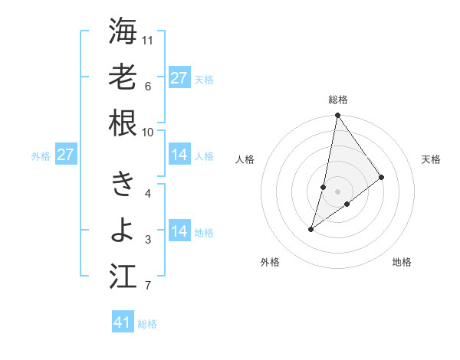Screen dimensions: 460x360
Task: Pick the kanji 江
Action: pyautogui.click(x=123, y=276)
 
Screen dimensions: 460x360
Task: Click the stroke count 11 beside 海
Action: pyautogui.click(x=149, y=40)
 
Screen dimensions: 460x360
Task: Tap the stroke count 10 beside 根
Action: pyautogui.click(x=149, y=132)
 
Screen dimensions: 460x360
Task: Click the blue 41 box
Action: pyautogui.click(x=123, y=322)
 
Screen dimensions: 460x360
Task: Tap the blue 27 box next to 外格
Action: pyautogui.click(x=65, y=155)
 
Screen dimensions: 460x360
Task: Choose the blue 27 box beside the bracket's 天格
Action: pyautogui.click(x=179, y=77)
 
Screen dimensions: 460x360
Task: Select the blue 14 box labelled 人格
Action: pyautogui.click(x=179, y=155)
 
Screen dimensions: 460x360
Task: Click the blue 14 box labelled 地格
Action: pyautogui.click(x=179, y=231)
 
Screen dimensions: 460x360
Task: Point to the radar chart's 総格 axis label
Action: pyautogui.click(x=337, y=100)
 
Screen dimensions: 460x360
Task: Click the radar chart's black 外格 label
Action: pyautogui.click(x=270, y=262)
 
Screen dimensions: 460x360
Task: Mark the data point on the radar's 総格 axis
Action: pyautogui.click(x=337, y=116)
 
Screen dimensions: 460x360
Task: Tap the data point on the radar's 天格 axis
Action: pyautogui.click(x=381, y=177)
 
